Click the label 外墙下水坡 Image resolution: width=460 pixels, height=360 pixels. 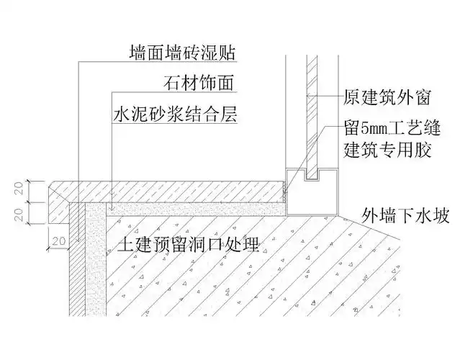point(400,215)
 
